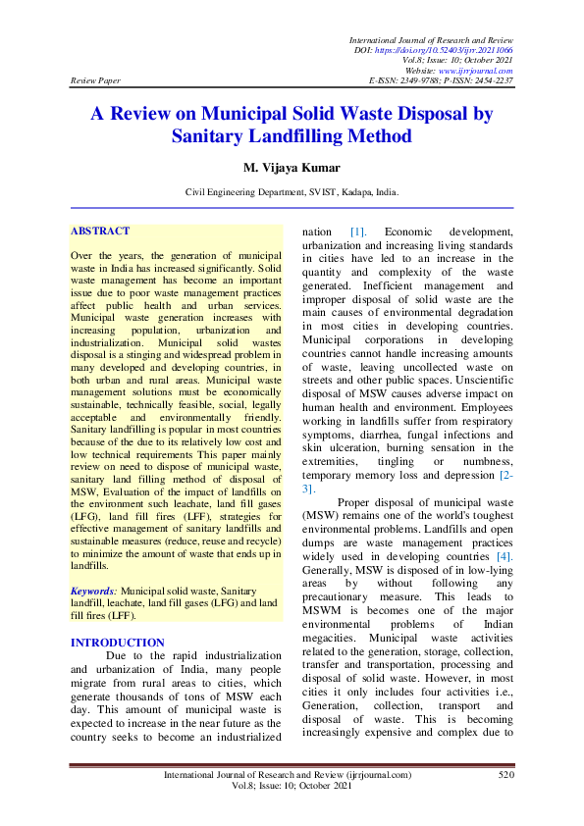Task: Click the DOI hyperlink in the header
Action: pyautogui.click(x=460, y=49)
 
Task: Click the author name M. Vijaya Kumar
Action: pyautogui.click(x=292, y=168)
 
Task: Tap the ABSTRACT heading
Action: pyautogui.click(x=100, y=232)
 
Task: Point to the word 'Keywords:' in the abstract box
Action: pyautogui.click(x=94, y=592)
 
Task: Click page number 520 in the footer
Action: pyautogui.click(x=505, y=775)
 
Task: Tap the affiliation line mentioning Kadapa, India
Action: pyautogui.click(x=292, y=194)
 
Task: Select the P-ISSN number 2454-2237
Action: pyautogui.click(x=493, y=81)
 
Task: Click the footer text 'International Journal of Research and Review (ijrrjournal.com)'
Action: pyautogui.click(x=287, y=775)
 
